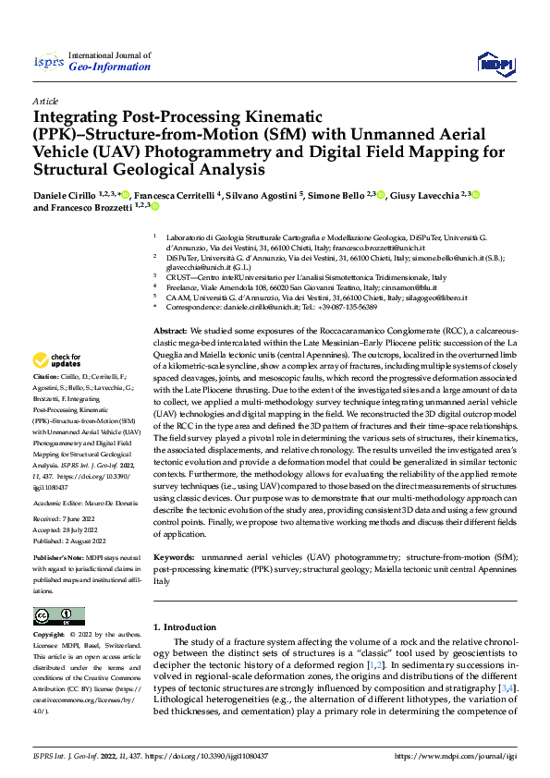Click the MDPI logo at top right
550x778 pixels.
click(x=494, y=63)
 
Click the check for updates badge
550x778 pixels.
click(x=57, y=360)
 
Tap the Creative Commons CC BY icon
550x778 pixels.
click(x=58, y=615)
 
